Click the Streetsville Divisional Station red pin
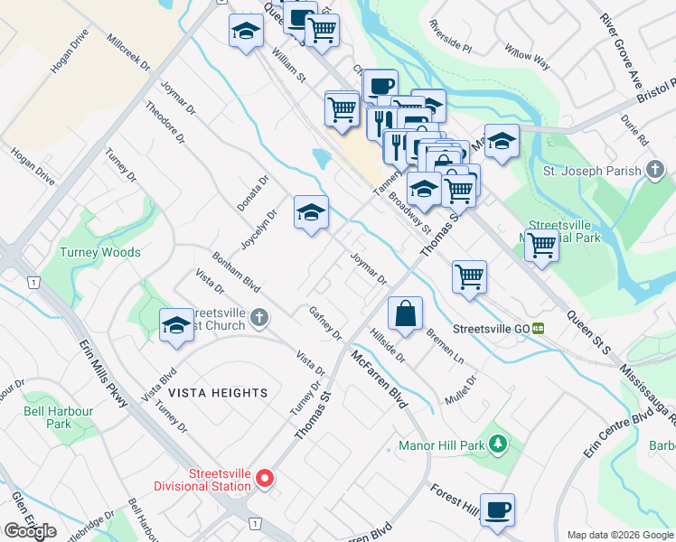(x=265, y=479)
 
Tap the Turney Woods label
(x=100, y=252)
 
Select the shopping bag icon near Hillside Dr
(x=406, y=314)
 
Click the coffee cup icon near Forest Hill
(x=497, y=509)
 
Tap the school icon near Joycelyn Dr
(x=310, y=213)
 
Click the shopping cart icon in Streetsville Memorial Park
(x=541, y=244)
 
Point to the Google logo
(x=31, y=531)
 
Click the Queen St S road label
(x=589, y=332)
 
